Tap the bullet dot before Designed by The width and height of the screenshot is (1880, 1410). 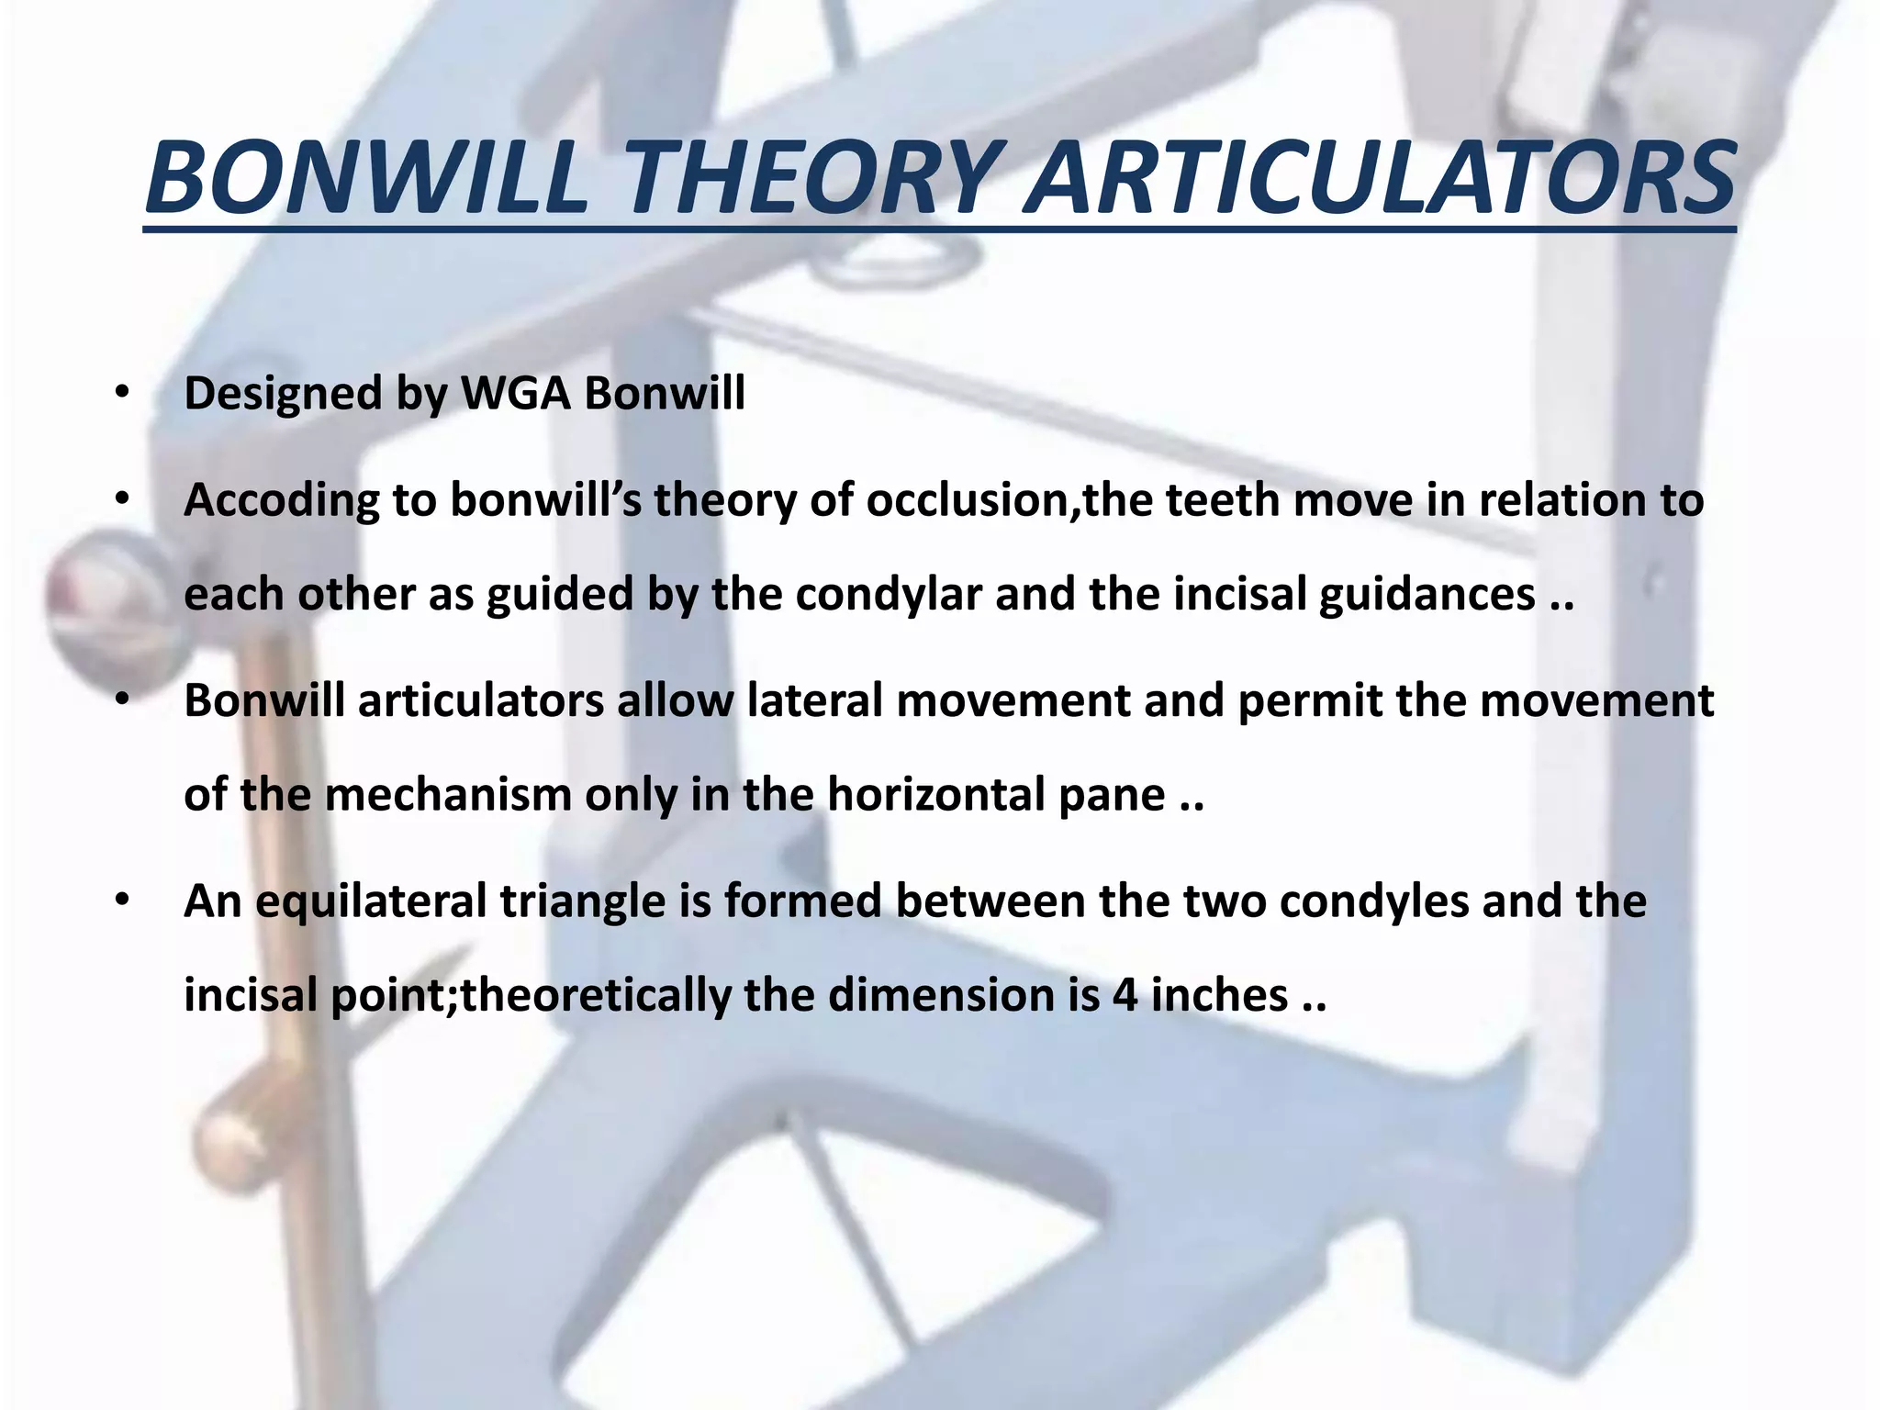pyautogui.click(x=122, y=393)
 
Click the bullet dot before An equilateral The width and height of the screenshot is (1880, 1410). pyautogui.click(x=122, y=901)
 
